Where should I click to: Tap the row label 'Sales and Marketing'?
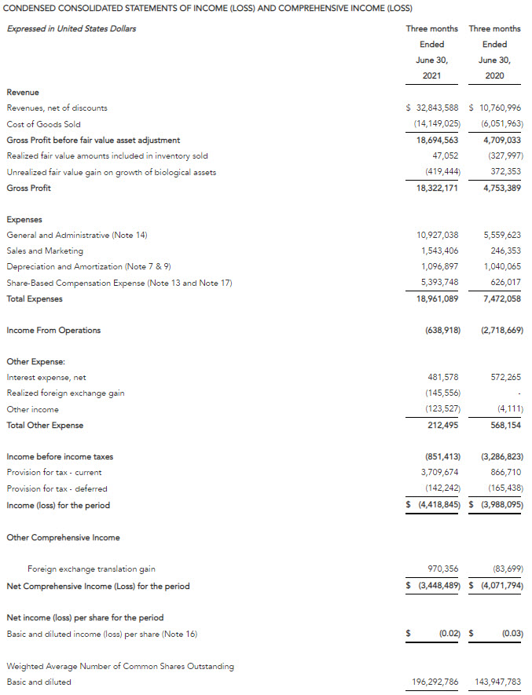pyautogui.click(x=45, y=251)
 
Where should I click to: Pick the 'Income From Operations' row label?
pyautogui.click(x=53, y=331)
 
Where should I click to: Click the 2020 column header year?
pyautogui.click(x=495, y=75)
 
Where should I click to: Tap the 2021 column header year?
pyautogui.click(x=431, y=75)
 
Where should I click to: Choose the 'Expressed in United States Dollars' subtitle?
pyautogui.click(x=72, y=29)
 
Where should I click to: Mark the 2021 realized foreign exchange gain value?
pyautogui.click(x=438, y=393)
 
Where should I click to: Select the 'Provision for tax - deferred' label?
pyautogui.click(x=57, y=488)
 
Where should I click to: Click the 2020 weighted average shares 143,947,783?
pyautogui.click(x=498, y=682)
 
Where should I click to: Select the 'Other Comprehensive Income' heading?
pyautogui.click(x=64, y=537)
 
